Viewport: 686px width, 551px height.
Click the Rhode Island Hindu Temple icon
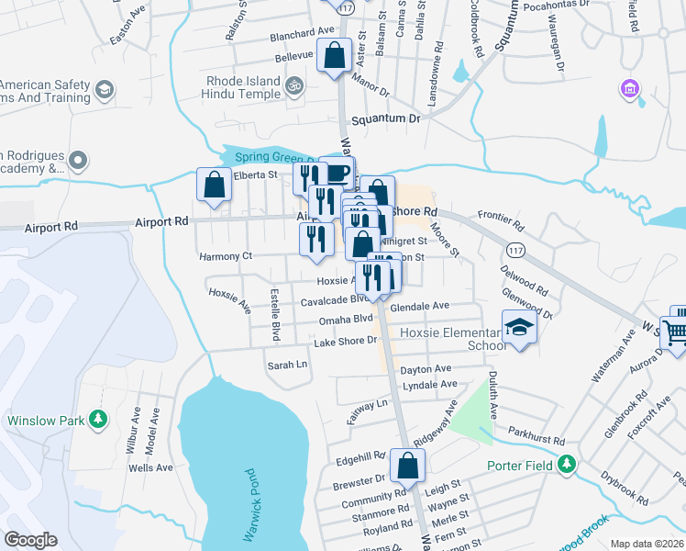[293, 87]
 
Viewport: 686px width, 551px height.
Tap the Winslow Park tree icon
[97, 421]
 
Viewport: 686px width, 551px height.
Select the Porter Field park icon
[569, 465]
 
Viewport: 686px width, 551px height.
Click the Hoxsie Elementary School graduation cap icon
[519, 328]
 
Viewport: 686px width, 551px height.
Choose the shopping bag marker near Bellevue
[335, 54]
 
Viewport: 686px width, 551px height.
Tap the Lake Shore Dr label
[346, 342]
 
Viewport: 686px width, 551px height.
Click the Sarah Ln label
[286, 365]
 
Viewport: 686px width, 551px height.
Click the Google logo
[31, 539]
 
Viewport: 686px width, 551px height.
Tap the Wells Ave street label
[151, 467]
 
